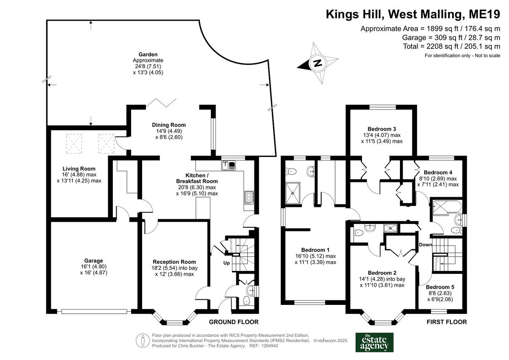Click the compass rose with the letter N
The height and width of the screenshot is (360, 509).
(318, 64)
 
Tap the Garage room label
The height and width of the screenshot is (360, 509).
(93, 261)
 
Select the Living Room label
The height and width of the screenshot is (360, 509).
(79, 169)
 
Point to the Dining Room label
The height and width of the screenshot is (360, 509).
(169, 125)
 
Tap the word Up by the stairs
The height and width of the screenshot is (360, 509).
(227, 263)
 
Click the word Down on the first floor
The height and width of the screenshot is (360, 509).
(425, 245)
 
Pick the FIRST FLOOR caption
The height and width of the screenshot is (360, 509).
(446, 322)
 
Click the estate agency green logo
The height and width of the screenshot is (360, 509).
(374, 342)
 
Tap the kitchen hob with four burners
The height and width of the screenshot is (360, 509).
(248, 198)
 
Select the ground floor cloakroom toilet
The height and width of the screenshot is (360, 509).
(247, 301)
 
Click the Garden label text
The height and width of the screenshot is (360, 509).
(148, 54)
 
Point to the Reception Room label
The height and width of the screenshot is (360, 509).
(174, 262)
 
